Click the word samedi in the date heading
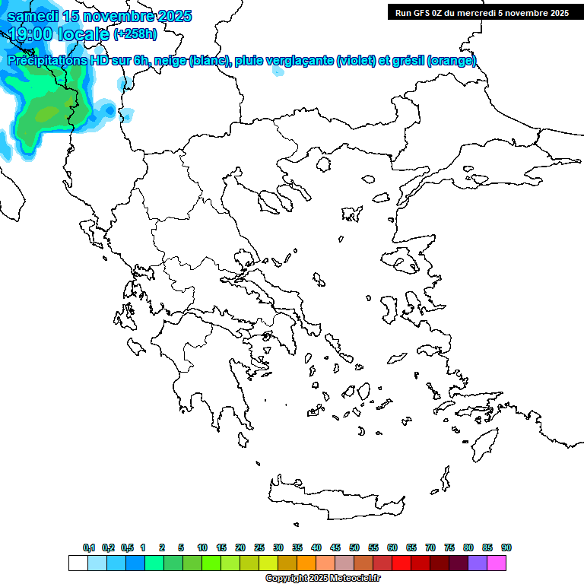pyautogui.click(x=33, y=16)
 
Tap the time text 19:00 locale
pyautogui.click(x=58, y=33)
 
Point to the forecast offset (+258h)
pyautogui.click(x=135, y=33)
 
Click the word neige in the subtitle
pyautogui.click(x=172, y=61)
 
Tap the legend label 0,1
pyautogui.click(x=89, y=547)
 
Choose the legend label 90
pyautogui.click(x=506, y=547)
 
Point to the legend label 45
pyautogui.click(x=335, y=547)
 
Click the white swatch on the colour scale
pyautogui.click(x=78, y=563)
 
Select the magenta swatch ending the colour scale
pyautogui.click(x=497, y=563)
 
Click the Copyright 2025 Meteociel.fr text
pyautogui.click(x=322, y=578)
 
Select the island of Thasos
pyautogui.click(x=323, y=163)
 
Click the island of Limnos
pyautogui.click(x=351, y=214)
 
